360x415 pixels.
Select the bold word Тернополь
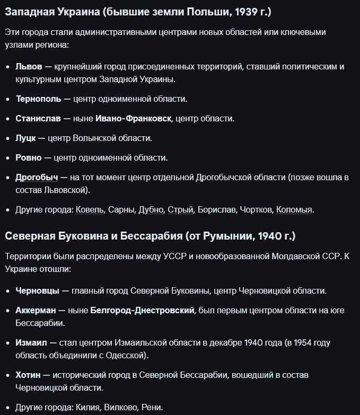pyautogui.click(x=38, y=99)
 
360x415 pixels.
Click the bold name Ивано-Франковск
pyautogui.click(x=133, y=119)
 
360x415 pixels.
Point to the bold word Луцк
pyautogui.click(x=25, y=138)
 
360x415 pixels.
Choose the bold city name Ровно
pyautogui.click(x=29, y=158)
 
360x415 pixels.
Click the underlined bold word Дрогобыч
pyautogui.click(x=37, y=178)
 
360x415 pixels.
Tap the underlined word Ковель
pyautogui.click(x=90, y=210)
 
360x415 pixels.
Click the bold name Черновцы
pyautogui.click(x=37, y=291)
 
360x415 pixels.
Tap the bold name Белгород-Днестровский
pyautogui.click(x=142, y=311)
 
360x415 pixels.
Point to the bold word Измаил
pyautogui.click(x=31, y=343)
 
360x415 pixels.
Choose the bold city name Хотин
pyautogui.click(x=27, y=375)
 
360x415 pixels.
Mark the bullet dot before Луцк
pyautogui.click(x=7, y=138)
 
